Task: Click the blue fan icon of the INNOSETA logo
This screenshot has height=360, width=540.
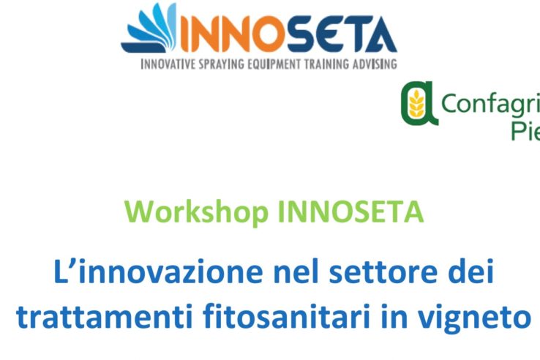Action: (x=151, y=30)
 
